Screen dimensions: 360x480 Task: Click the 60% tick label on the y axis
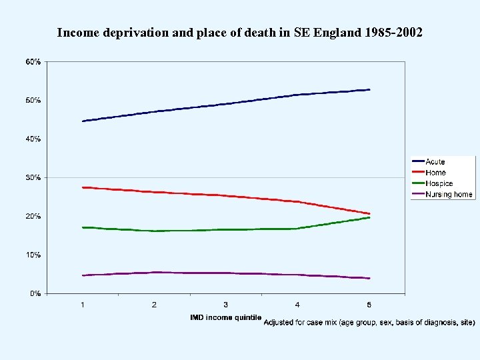(33, 61)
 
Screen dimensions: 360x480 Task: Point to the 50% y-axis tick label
(33, 100)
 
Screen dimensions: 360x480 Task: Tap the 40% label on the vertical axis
(33, 139)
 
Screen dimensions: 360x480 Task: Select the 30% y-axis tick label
(33, 177)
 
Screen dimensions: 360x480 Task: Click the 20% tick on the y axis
(33, 216)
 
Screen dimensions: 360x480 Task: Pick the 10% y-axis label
(33, 255)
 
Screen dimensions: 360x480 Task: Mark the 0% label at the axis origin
(35, 293)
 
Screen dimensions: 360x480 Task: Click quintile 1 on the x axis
(83, 305)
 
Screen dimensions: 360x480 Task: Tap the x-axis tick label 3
(226, 305)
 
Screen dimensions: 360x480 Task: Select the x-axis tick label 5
(369, 305)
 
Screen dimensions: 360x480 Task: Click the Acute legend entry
(435, 162)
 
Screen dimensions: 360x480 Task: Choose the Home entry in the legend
(435, 173)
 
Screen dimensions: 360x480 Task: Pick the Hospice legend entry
(439, 183)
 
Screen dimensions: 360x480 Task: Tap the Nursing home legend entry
(449, 195)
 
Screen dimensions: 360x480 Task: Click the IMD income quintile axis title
(225, 317)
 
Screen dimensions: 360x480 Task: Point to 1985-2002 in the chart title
(394, 32)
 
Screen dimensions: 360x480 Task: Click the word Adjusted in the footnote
(280, 323)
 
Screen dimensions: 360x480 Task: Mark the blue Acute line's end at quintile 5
(369, 89)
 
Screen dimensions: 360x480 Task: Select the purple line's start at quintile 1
(83, 275)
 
